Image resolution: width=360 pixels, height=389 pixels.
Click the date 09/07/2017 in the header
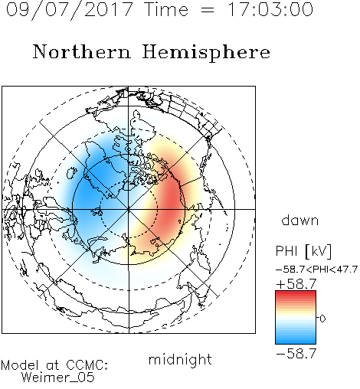pyautogui.click(x=70, y=9)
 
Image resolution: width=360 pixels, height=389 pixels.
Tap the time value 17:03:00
pyautogui.click(x=270, y=9)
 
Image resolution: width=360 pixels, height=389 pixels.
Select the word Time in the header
pyautogui.click(x=166, y=9)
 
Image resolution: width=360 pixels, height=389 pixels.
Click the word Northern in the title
pyautogui.click(x=82, y=51)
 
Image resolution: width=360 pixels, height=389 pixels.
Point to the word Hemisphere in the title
pyautogui.click(x=206, y=53)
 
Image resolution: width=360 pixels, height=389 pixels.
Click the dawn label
pyautogui.click(x=300, y=220)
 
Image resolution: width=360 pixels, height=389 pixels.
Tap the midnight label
pyautogui.click(x=180, y=359)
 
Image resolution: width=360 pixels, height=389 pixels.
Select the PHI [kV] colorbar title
pyautogui.click(x=303, y=251)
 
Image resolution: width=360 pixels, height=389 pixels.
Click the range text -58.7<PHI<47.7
pyautogui.click(x=316, y=270)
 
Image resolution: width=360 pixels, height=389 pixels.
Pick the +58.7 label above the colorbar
pyautogui.click(x=296, y=283)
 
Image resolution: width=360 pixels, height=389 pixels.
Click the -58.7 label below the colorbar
pyautogui.click(x=296, y=353)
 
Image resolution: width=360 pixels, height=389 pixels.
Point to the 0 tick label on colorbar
pyautogui.click(x=322, y=319)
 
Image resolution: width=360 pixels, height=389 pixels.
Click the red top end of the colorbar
pyautogui.click(x=296, y=293)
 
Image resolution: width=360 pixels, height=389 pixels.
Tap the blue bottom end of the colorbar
pyautogui.click(x=296, y=342)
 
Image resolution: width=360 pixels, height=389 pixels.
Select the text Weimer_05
pyautogui.click(x=58, y=378)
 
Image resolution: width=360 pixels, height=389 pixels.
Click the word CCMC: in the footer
pyautogui.click(x=87, y=365)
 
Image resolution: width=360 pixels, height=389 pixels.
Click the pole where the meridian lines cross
pyautogui.click(x=129, y=209)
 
